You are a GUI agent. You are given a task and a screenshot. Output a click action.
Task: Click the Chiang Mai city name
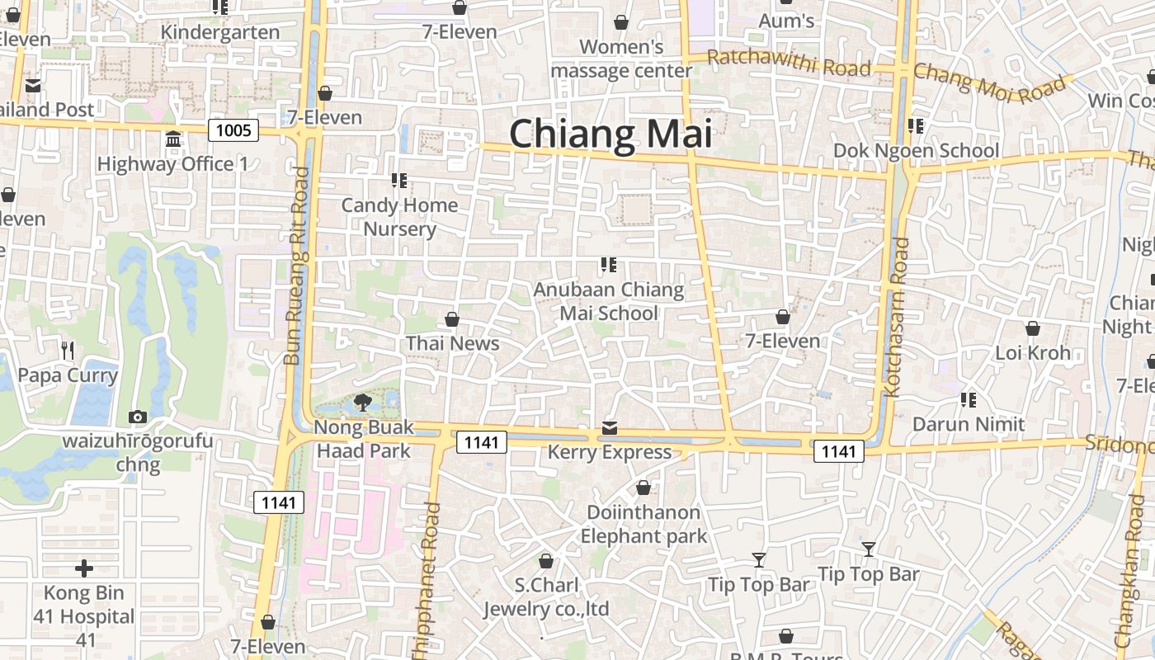[610, 134]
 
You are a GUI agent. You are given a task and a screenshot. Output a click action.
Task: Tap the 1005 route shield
[233, 130]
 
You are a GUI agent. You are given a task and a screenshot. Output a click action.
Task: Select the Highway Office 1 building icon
[173, 139]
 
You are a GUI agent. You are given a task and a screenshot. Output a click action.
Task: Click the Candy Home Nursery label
[399, 216]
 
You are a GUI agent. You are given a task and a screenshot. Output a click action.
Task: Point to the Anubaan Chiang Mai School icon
[609, 265]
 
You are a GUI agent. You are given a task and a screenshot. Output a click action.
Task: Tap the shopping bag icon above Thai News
[452, 319]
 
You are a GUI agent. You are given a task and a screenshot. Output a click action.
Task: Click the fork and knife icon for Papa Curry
[68, 351]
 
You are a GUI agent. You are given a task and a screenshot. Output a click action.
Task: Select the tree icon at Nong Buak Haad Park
[361, 403]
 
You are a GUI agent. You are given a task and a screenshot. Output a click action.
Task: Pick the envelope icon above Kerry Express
[610, 427]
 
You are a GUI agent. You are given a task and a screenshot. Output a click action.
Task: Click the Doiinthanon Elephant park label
[643, 524]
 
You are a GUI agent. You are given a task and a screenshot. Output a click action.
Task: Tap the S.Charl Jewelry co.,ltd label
[545, 597]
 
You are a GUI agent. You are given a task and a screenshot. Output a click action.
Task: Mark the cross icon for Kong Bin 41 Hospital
[83, 568]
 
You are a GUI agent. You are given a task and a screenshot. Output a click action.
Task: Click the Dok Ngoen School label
[916, 151]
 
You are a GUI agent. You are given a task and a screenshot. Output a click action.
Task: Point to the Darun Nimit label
[969, 424]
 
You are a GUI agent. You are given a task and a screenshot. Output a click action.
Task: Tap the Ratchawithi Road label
[789, 63]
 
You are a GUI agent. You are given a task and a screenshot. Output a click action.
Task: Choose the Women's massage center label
[621, 59]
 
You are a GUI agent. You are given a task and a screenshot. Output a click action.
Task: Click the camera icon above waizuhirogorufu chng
[138, 417]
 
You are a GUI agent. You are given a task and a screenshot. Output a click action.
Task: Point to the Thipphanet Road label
[432, 561]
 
